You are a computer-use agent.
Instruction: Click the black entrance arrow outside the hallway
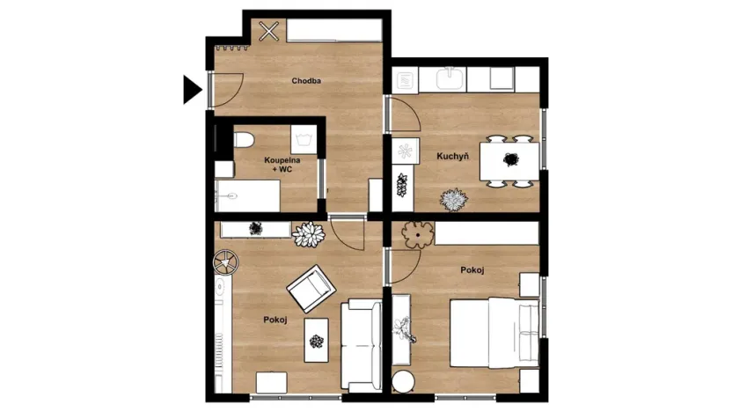pos(192,89)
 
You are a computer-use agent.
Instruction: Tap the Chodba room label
pos(306,81)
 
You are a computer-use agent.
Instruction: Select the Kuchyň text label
pos(452,156)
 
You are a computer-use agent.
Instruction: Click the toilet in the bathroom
pos(244,141)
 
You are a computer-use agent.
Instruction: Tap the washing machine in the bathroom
pos(304,139)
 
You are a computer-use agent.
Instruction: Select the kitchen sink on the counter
pos(450,80)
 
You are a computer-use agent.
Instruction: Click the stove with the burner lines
pos(406,81)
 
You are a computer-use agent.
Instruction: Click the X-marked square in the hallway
pos(269,32)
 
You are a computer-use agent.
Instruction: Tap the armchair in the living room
pos(310,288)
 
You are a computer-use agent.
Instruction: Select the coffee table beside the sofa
pos(317,338)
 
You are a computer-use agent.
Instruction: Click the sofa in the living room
pos(360,344)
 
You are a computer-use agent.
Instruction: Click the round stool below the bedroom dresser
pos(403,381)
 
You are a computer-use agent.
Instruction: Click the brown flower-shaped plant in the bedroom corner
pos(417,233)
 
